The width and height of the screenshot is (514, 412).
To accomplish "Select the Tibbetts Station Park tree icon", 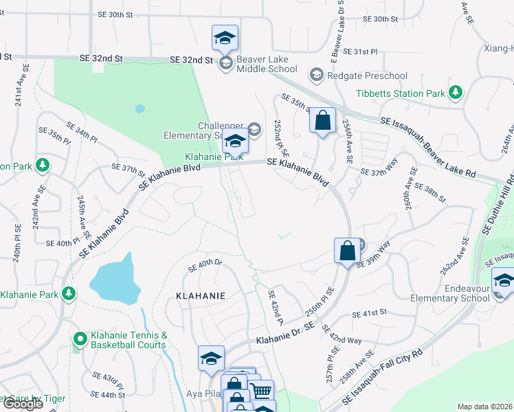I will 455,93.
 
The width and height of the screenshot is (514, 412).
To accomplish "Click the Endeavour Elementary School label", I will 460,294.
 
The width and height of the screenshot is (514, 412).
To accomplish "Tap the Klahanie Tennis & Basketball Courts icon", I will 80,339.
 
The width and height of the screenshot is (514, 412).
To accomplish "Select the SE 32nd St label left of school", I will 102,59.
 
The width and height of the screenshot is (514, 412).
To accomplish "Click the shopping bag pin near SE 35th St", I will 322,121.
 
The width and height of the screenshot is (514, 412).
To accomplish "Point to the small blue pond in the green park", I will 140,108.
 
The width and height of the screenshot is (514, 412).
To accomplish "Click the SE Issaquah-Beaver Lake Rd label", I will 428,148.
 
